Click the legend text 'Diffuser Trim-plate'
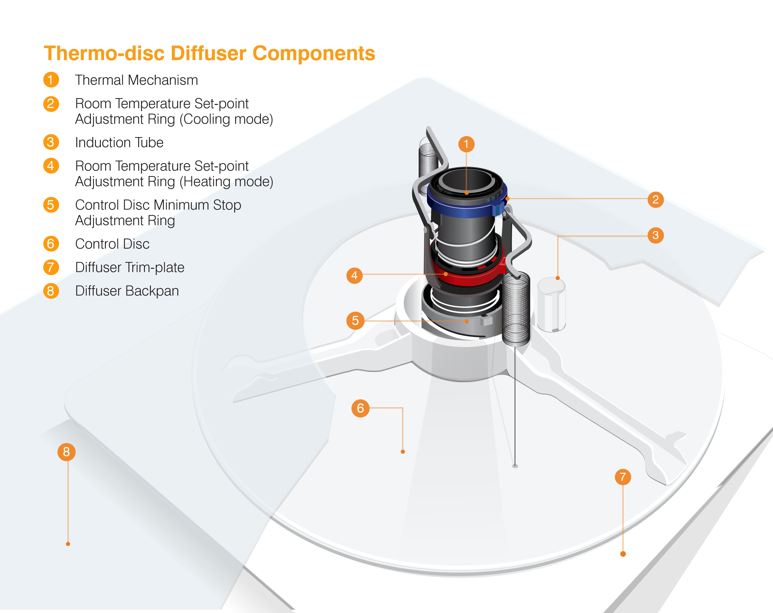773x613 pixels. [x=130, y=267]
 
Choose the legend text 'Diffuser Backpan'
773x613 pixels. [x=127, y=291]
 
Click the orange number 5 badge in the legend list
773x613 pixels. [x=51, y=205]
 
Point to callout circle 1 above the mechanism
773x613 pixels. [x=466, y=144]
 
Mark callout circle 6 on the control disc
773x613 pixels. [x=360, y=408]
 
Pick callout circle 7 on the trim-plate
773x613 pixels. [x=623, y=477]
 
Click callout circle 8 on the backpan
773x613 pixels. [x=66, y=452]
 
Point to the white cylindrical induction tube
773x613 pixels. [x=551, y=304]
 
